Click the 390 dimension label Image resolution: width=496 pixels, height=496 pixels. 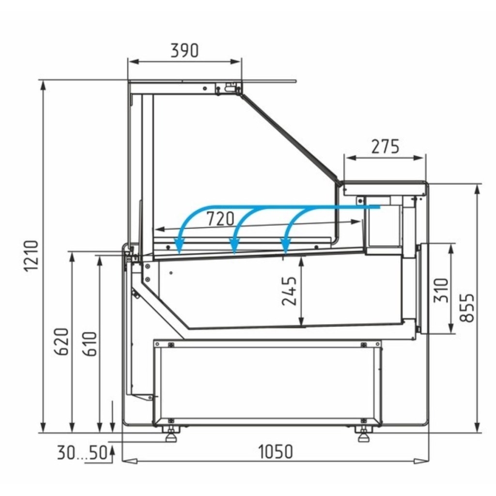(185, 50)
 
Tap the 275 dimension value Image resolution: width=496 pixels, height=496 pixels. (385, 146)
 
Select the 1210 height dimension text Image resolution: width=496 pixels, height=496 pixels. (31, 256)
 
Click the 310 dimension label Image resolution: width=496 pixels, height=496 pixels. (441, 290)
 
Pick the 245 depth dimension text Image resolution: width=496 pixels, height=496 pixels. (289, 291)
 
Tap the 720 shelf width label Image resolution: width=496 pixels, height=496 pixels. (220, 218)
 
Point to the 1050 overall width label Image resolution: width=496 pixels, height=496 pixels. (276, 452)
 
